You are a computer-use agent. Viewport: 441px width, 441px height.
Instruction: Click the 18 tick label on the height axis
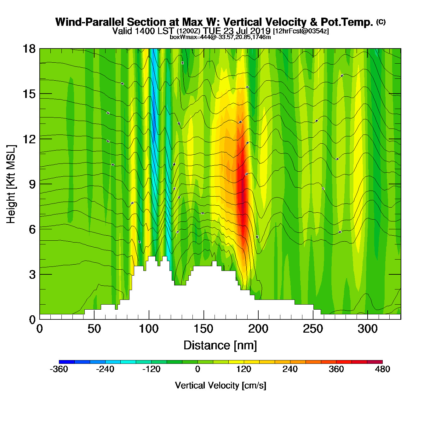pyautogui.click(x=28, y=49)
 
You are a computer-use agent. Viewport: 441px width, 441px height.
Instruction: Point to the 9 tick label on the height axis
pyautogui.click(x=32, y=184)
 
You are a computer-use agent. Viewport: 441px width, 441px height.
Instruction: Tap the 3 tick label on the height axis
pyautogui.click(x=32, y=275)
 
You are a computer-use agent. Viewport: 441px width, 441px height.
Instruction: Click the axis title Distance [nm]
pyautogui.click(x=220, y=346)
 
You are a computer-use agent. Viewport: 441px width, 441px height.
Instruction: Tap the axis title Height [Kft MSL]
pyautogui.click(x=11, y=184)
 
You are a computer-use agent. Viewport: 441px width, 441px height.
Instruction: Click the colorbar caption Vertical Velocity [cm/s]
pyautogui.click(x=220, y=385)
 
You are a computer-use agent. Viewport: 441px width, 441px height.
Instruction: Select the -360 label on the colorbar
pyautogui.click(x=59, y=369)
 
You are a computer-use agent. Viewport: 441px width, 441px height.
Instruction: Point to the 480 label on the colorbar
pyautogui.click(x=382, y=369)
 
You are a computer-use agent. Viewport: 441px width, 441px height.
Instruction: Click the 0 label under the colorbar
pyautogui.click(x=198, y=369)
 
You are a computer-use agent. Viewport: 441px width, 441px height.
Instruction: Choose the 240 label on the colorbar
pyautogui.click(x=290, y=369)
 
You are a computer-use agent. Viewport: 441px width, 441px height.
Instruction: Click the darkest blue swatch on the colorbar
pyautogui.click(x=66, y=362)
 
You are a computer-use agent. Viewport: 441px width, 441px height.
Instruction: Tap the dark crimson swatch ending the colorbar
pyautogui.click(x=375, y=362)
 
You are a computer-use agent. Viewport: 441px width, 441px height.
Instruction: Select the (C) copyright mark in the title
pyautogui.click(x=381, y=22)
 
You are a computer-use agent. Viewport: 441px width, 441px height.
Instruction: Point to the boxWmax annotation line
pyautogui.click(x=220, y=37)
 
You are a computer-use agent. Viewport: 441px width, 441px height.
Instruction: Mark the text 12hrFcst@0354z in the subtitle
pyautogui.click(x=301, y=31)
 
